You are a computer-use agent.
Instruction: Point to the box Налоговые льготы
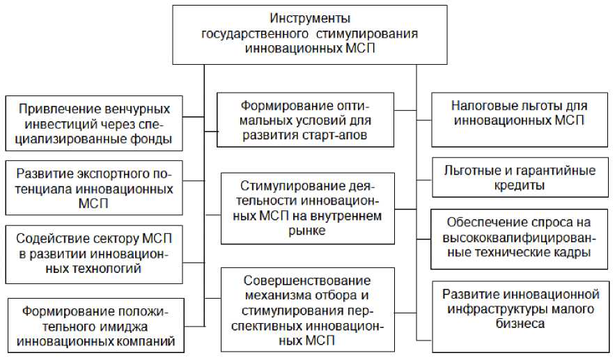coord(519,114)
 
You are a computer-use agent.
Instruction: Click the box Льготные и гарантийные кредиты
coord(519,177)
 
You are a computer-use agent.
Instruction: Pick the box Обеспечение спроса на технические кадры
coord(519,238)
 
